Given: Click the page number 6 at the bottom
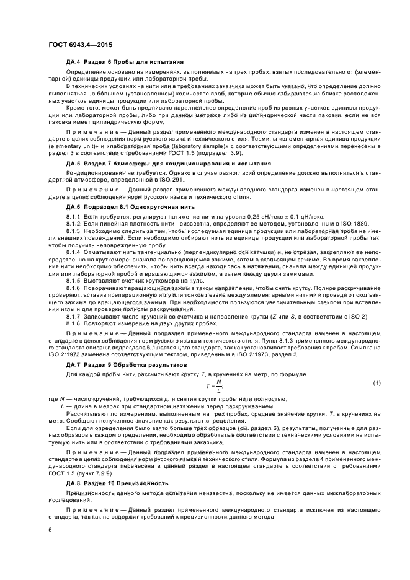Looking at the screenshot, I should [50, 530].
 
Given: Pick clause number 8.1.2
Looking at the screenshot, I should [74, 221].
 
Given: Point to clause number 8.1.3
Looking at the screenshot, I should [74, 229].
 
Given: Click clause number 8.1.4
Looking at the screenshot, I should [74, 251].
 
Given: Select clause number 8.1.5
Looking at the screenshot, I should [74, 280].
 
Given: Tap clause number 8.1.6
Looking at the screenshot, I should [74, 289].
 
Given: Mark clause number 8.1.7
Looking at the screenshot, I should [74, 317].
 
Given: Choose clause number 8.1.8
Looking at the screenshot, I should [74, 323].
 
